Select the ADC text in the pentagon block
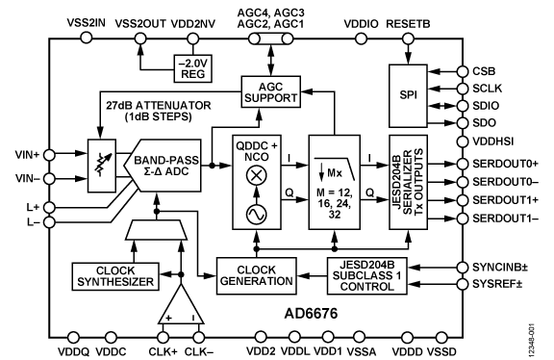[179, 172]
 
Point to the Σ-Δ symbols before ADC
[152, 172]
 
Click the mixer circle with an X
[257, 175]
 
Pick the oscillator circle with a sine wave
[257, 215]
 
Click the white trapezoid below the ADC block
[157, 229]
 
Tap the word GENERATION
[256, 282]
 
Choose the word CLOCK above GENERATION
[256, 270]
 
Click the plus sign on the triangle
[167, 318]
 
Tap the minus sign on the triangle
[194, 318]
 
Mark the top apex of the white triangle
[181, 287]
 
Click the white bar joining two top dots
[271, 39]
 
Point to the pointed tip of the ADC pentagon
[126, 166]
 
